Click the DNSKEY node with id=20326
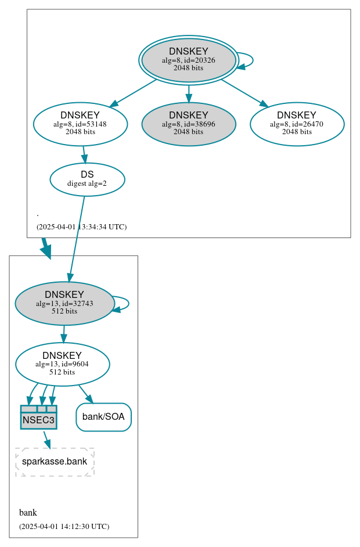tap(189, 60)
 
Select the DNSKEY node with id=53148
tap(80, 124)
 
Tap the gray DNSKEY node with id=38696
tap(189, 124)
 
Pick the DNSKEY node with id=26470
tap(297, 124)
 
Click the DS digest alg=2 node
tap(87, 179)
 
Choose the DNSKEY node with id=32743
tap(64, 303)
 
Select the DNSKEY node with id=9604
tap(62, 364)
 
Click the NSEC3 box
tap(38, 417)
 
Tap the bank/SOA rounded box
tap(103, 417)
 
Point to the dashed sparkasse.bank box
tap(55, 462)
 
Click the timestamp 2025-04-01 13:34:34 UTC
tap(81, 227)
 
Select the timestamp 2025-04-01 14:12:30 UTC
tap(64, 527)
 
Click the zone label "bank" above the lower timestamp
tap(28, 513)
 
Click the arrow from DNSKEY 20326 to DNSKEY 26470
tap(244, 92)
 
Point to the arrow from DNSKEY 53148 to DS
tap(84, 154)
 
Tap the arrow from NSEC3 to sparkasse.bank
tap(46, 439)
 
